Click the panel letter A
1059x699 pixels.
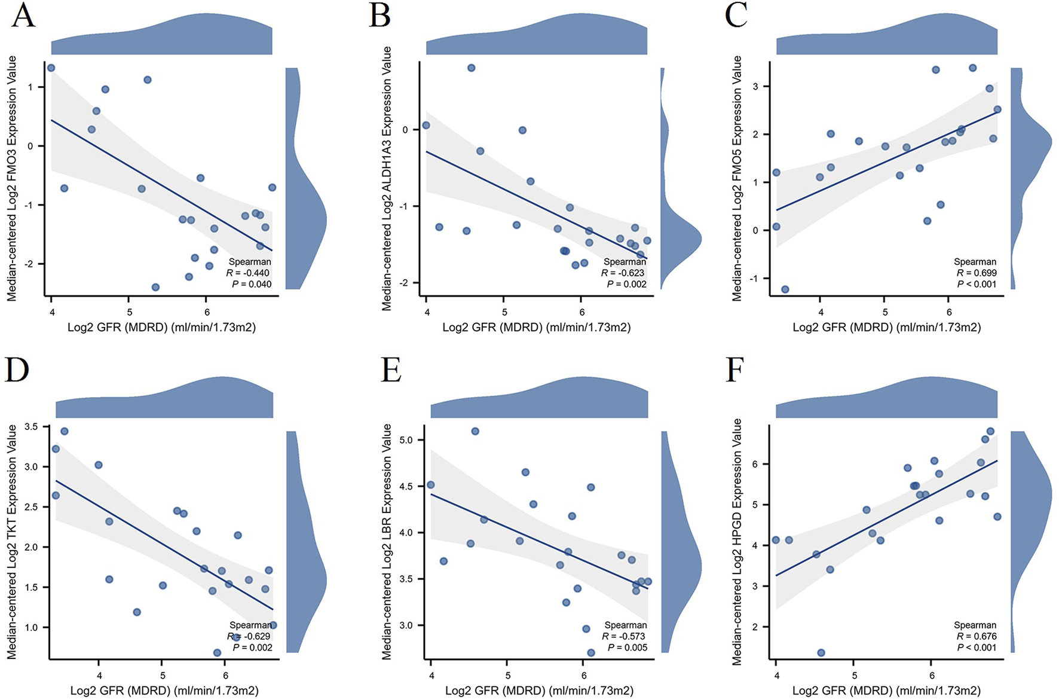coord(23,16)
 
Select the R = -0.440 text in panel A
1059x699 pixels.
coord(248,273)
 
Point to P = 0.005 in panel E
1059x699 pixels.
coord(628,648)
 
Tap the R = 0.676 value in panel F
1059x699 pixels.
coord(977,636)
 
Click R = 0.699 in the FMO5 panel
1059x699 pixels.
coord(977,273)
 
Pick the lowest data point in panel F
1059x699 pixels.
coord(821,652)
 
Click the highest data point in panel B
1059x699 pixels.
coord(471,68)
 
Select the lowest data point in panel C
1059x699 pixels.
coord(785,289)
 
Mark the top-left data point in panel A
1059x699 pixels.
coord(51,68)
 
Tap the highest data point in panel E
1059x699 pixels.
coord(475,431)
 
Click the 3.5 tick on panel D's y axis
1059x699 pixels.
coord(31,427)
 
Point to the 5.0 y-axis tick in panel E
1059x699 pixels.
coord(406,440)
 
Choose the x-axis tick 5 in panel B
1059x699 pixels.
coord(504,313)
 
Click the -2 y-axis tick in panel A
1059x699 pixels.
coord(31,264)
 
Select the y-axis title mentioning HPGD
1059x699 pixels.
coord(737,542)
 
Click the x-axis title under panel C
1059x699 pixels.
coord(886,328)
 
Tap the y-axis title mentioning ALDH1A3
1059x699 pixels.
coord(387,178)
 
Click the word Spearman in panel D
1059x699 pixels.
coord(250,625)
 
